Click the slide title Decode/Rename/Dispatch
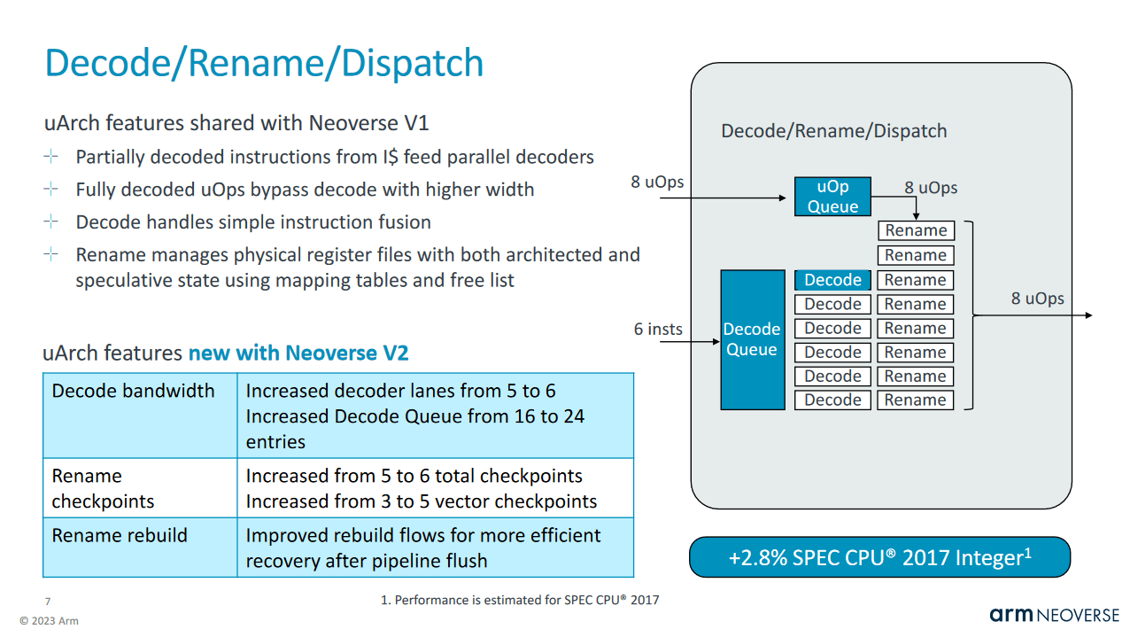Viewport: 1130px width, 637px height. pos(264,64)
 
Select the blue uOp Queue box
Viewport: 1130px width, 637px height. pos(832,197)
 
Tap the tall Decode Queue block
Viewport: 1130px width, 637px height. pos(752,339)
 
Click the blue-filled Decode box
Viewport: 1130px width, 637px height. pos(832,280)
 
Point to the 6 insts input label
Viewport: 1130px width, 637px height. pos(658,330)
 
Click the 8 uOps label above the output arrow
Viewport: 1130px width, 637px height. pos(1037,299)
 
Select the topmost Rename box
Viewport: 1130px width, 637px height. pos(916,231)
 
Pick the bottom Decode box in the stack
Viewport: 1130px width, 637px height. pos(832,400)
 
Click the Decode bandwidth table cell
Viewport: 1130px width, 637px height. pos(134,391)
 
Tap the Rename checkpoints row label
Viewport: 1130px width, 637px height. pos(103,488)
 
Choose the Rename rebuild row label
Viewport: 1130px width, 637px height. pos(120,536)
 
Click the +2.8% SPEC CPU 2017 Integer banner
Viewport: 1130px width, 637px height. pos(879,557)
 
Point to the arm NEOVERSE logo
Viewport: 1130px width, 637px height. pos(1054,615)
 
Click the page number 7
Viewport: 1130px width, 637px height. pos(48,602)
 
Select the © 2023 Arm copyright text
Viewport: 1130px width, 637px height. pos(49,621)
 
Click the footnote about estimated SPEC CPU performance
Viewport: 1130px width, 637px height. pos(520,601)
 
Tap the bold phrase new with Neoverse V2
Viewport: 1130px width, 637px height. pos(298,353)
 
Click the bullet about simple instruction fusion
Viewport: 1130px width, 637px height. pos(253,222)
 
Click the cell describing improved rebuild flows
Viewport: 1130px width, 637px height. pos(423,548)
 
